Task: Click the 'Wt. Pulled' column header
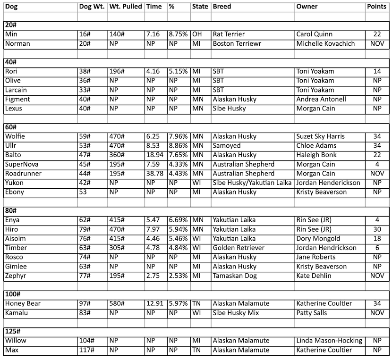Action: (x=125, y=7)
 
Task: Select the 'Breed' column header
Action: (x=222, y=7)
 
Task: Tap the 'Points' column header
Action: (x=377, y=7)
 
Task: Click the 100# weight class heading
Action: (x=13, y=294)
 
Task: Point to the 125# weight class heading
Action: (x=13, y=331)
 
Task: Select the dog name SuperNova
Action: (x=22, y=164)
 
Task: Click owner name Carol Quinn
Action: (x=314, y=34)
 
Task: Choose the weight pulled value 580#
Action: (x=117, y=303)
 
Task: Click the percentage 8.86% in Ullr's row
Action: (x=178, y=146)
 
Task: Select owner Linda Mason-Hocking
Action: (x=329, y=341)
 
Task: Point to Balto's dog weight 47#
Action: (x=85, y=155)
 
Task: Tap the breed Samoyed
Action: (x=227, y=146)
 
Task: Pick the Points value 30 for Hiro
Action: (x=377, y=229)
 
